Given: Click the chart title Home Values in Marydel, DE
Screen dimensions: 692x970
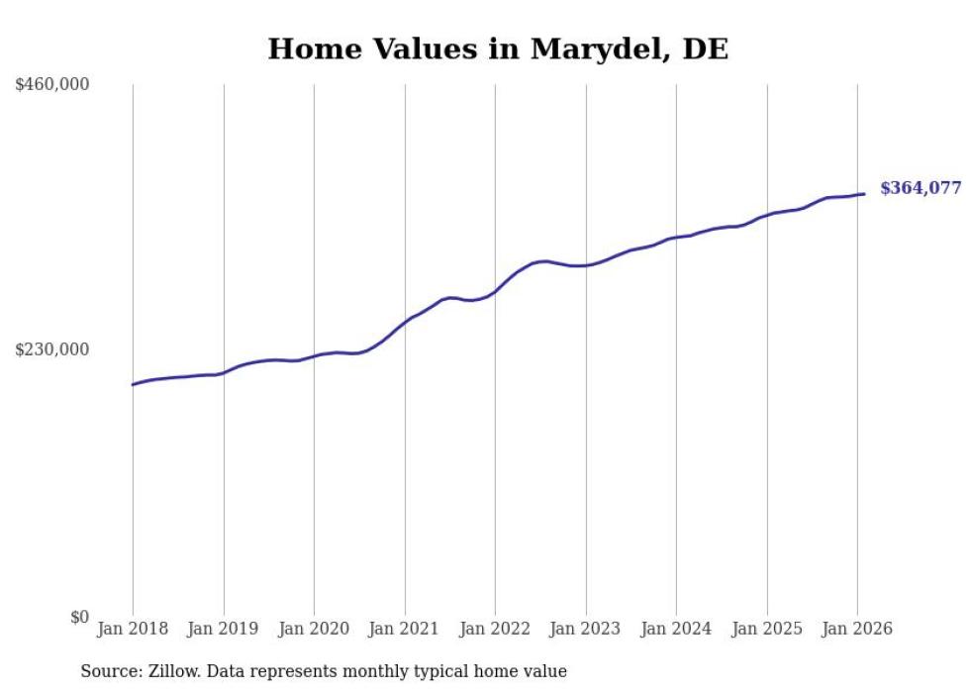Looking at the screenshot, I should coord(498,49).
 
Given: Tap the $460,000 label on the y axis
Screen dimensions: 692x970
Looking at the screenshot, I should coord(52,84).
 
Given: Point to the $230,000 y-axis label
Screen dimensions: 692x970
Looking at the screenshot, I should coord(52,349).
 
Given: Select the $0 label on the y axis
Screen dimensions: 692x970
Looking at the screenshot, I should coord(79,617).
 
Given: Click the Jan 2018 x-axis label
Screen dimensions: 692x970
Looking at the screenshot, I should coord(133,629).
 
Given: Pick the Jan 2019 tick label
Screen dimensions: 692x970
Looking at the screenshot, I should coord(224,629).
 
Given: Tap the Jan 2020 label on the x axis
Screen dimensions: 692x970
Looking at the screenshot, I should coord(314,629).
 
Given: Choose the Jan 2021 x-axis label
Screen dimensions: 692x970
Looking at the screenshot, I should coord(405,629).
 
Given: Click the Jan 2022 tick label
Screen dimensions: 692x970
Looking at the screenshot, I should coord(495,629).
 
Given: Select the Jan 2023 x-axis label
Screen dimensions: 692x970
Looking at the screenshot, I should coord(586,629).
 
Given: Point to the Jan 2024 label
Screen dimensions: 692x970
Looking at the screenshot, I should coord(676,629).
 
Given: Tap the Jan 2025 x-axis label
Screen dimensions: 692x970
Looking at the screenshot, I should coord(767,629).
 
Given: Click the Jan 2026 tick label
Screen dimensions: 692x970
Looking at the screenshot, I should coord(857,629).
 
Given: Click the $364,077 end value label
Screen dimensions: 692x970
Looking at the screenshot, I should coord(921,188).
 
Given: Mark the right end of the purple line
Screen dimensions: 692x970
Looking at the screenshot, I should coord(864,194).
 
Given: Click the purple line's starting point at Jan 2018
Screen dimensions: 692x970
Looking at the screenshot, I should coord(133,384).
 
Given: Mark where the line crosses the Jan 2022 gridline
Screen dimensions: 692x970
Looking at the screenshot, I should coord(495,292).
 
